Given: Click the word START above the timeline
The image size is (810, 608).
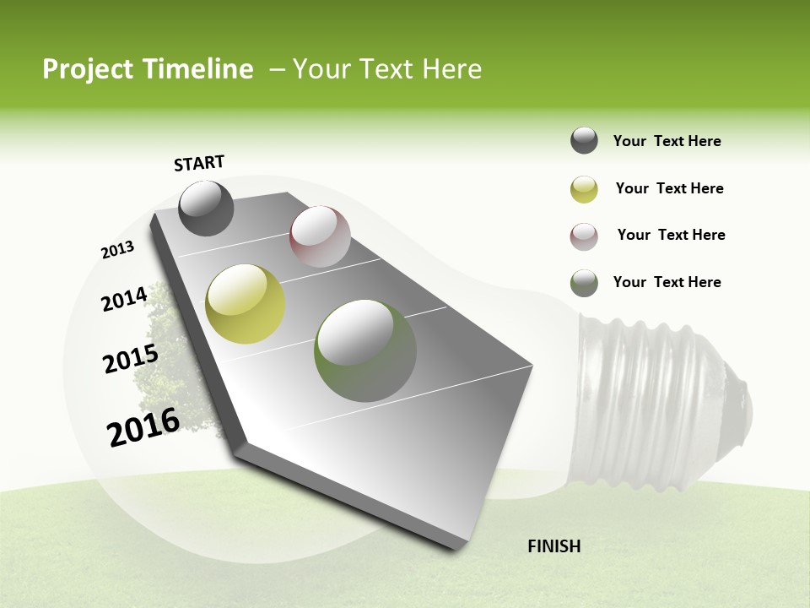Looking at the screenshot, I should (199, 163).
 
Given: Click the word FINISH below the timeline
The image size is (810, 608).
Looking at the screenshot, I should (554, 546).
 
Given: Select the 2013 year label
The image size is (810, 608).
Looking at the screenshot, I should (118, 250).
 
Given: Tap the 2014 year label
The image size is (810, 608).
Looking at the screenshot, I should (125, 299).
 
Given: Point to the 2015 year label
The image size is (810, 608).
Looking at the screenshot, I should (131, 359).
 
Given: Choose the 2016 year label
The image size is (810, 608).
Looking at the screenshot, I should (143, 427).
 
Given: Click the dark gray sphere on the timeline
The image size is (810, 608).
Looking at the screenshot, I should (206, 209).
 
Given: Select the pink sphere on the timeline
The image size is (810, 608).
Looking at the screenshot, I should (320, 236).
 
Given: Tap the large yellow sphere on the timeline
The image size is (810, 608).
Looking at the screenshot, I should (246, 304).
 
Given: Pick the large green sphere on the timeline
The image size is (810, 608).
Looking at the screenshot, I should (365, 350).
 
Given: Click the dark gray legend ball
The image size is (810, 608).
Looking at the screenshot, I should (584, 141).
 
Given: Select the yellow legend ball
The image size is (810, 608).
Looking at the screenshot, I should (584, 189).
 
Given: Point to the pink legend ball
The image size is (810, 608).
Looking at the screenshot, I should (584, 236).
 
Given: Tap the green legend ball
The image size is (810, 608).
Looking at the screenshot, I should (584, 283).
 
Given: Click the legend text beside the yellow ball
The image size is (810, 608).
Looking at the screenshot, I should (670, 188).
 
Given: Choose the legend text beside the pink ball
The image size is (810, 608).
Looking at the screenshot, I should (672, 235).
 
